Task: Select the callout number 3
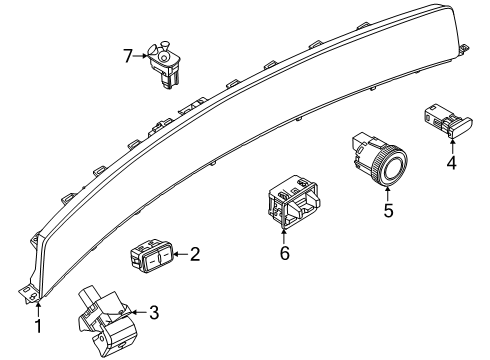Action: click(x=153, y=314)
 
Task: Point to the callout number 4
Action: click(x=451, y=161)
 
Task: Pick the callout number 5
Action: click(x=389, y=211)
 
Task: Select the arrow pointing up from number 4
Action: click(x=450, y=145)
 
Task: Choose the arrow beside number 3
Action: click(x=137, y=314)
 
